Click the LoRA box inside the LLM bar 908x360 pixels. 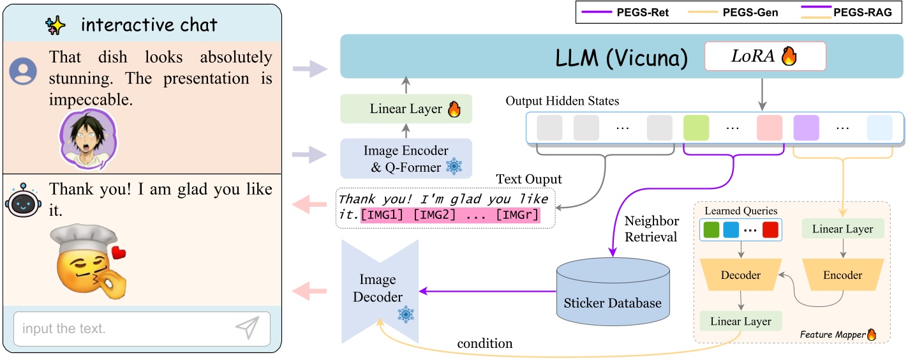(x=764, y=56)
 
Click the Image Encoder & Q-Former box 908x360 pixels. (x=405, y=158)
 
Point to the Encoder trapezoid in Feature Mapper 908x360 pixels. (x=842, y=275)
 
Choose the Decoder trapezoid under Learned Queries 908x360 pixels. (x=740, y=275)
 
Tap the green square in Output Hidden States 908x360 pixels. (x=696, y=128)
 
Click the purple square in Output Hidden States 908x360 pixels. (x=806, y=128)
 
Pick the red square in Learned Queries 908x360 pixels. (x=770, y=230)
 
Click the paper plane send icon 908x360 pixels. (x=248, y=328)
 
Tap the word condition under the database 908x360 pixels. (x=484, y=343)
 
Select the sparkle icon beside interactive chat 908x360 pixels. (x=56, y=26)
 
